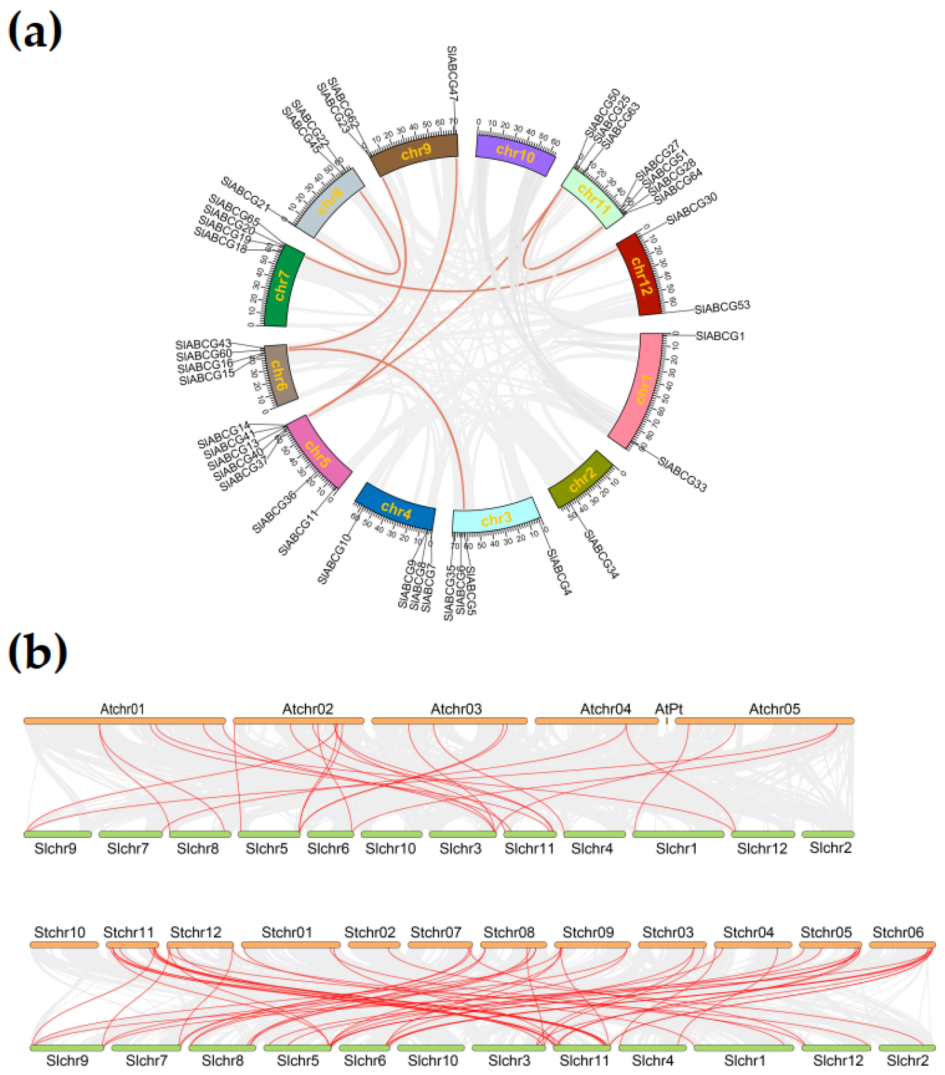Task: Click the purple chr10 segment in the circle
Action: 516,154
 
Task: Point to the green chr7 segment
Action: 283,287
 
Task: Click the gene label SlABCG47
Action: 452,73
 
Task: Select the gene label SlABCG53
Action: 722,307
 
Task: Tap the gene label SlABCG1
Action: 720,336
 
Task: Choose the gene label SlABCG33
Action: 682,474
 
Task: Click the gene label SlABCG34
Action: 600,554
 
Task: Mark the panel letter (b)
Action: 37,653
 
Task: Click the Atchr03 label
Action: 456,709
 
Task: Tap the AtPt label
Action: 668,709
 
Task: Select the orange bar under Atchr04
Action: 596,721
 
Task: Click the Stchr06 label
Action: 898,932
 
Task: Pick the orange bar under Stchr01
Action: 290,944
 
